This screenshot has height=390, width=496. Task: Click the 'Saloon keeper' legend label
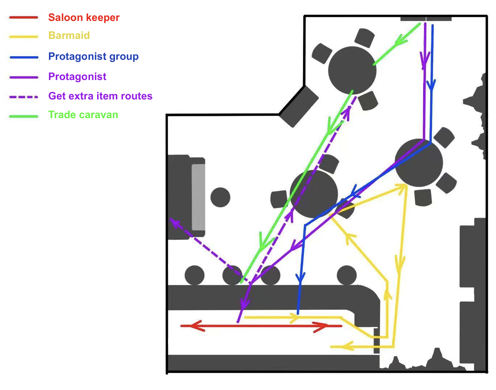coord(84,18)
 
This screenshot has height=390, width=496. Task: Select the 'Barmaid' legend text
coord(69,36)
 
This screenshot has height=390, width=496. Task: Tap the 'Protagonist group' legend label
coord(93,56)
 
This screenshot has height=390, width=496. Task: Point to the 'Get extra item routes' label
coord(100,96)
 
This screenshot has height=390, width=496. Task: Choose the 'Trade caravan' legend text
coord(83,115)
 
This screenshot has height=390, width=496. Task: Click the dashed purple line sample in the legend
coord(24,96)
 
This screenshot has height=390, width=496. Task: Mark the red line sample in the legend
coord(24,18)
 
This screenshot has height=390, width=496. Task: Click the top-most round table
coord(352,70)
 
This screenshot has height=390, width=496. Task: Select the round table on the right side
coord(419,163)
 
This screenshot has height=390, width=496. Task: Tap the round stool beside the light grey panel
coord(220,197)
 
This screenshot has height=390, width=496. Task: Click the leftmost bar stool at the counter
coord(195,276)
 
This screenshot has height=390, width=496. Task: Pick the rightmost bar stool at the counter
coord(347,275)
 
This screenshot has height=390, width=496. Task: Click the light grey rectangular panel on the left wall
coord(198,197)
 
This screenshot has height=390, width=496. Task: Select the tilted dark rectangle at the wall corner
coord(299,107)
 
